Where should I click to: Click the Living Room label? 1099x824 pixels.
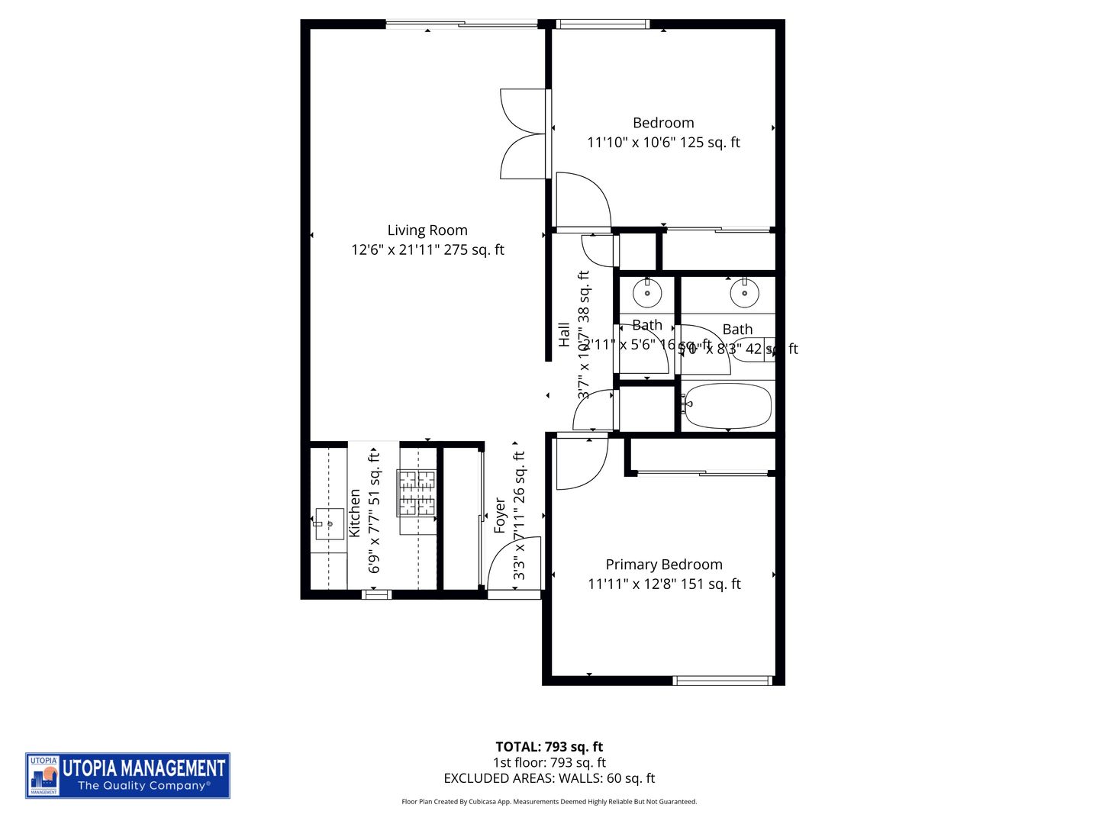[427, 230]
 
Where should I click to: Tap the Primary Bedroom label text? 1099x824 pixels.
[663, 565]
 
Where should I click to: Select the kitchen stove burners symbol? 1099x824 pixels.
[416, 492]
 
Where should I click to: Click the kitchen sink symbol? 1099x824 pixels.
[330, 523]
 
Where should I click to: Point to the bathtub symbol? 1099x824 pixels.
[727, 406]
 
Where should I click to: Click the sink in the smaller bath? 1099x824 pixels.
[647, 291]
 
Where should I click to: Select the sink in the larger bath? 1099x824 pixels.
[744, 291]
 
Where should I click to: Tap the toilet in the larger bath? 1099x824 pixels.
[756, 349]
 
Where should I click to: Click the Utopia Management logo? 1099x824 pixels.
[127, 775]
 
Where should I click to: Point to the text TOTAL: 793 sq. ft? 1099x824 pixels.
[549, 747]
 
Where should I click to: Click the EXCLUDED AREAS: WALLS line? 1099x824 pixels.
[549, 778]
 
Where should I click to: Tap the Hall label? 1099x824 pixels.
[564, 334]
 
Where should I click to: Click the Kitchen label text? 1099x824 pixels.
[355, 513]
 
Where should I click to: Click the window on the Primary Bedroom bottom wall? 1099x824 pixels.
[723, 680]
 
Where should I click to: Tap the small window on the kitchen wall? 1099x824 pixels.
[375, 594]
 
